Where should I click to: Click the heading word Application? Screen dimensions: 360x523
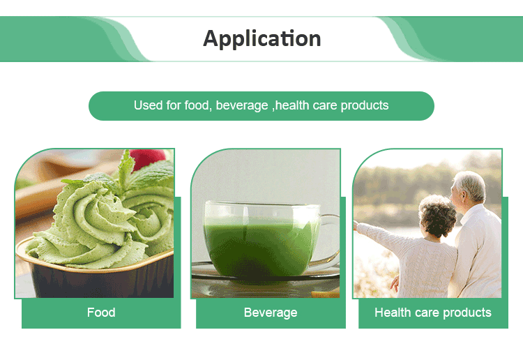[x=261, y=38]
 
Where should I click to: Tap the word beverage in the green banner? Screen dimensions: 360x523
[x=241, y=106]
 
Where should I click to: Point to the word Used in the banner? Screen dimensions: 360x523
[x=148, y=106]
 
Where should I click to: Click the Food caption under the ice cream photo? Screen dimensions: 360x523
[x=101, y=313]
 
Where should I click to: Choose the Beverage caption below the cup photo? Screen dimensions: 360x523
[x=271, y=313]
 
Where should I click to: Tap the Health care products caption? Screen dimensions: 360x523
[x=432, y=313]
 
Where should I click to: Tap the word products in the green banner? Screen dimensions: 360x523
[x=365, y=106]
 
